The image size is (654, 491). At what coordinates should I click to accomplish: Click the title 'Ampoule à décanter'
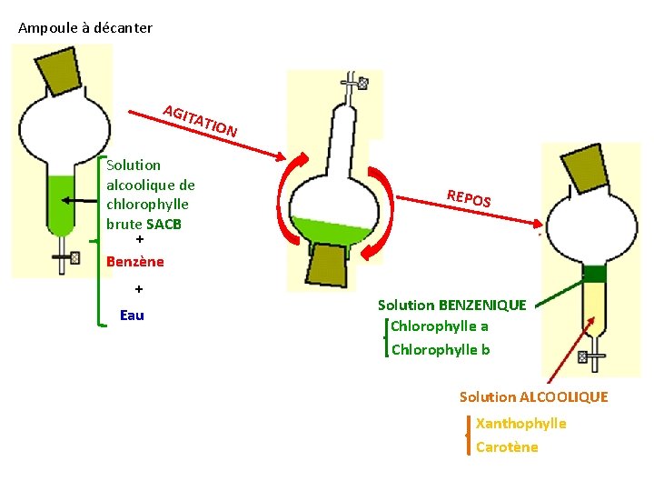pos(85,28)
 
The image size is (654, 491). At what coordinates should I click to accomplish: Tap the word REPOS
pos(469,196)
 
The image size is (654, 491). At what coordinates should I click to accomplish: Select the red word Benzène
pos(135,262)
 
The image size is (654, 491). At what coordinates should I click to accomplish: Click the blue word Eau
pos(132,316)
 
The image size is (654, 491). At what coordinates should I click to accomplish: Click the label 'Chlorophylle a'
pos(440,326)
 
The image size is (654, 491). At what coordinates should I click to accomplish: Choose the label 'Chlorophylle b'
pos(441,350)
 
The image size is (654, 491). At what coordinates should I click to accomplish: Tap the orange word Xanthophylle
pos(520,424)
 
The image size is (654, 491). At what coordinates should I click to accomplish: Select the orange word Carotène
pos(507,447)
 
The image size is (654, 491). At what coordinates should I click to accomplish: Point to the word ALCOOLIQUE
pos(563,397)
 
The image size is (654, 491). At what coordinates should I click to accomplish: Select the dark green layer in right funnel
pos(594,273)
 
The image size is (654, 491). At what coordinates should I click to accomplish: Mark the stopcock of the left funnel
pos(63,258)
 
